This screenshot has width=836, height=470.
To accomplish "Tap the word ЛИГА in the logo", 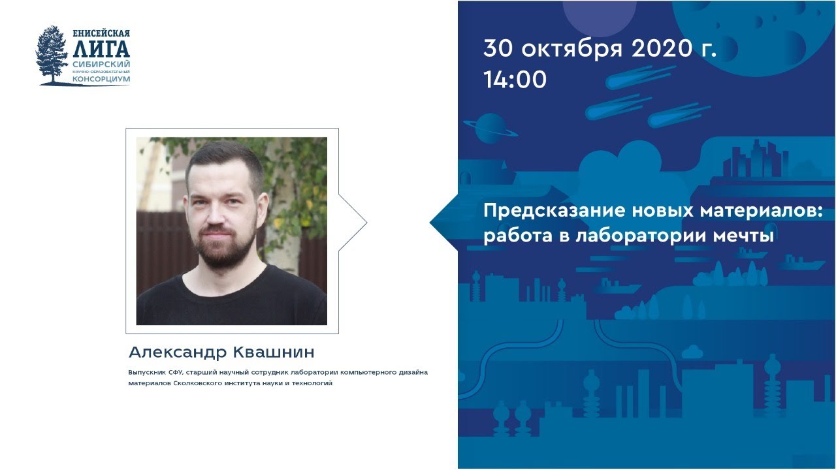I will pos(102,50).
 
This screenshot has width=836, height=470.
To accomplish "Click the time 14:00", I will pos(515,79).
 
